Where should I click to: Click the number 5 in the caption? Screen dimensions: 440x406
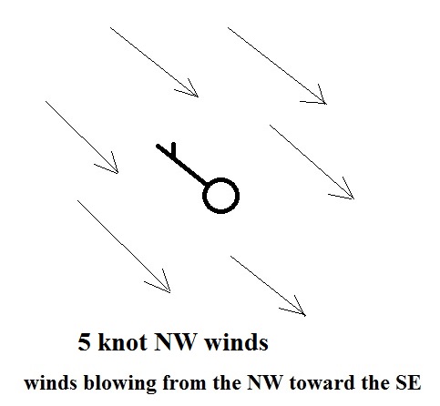coord(84,342)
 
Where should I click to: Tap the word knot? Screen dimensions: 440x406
coord(122,341)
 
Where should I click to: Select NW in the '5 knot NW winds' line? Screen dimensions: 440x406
coord(174,342)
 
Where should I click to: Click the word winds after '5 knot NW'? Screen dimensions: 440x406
coord(236,341)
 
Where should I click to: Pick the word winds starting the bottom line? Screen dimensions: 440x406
coord(51,382)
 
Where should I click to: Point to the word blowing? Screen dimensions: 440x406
coord(120,383)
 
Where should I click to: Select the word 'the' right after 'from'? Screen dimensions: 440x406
coord(226,382)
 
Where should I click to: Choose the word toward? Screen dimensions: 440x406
coord(322,382)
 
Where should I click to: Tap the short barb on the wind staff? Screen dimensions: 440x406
coord(173,150)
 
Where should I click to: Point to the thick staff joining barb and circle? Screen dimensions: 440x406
coord(181,165)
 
